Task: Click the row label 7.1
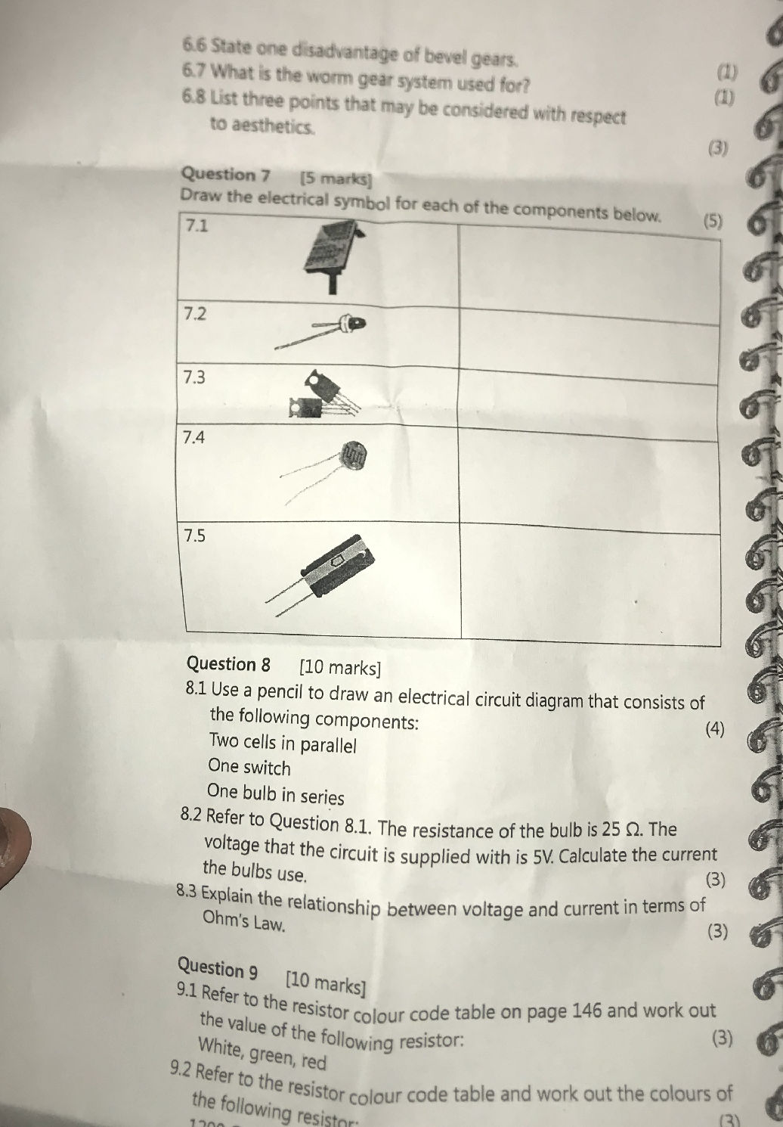(x=197, y=225)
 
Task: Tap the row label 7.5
(x=195, y=536)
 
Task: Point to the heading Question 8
(x=228, y=664)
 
